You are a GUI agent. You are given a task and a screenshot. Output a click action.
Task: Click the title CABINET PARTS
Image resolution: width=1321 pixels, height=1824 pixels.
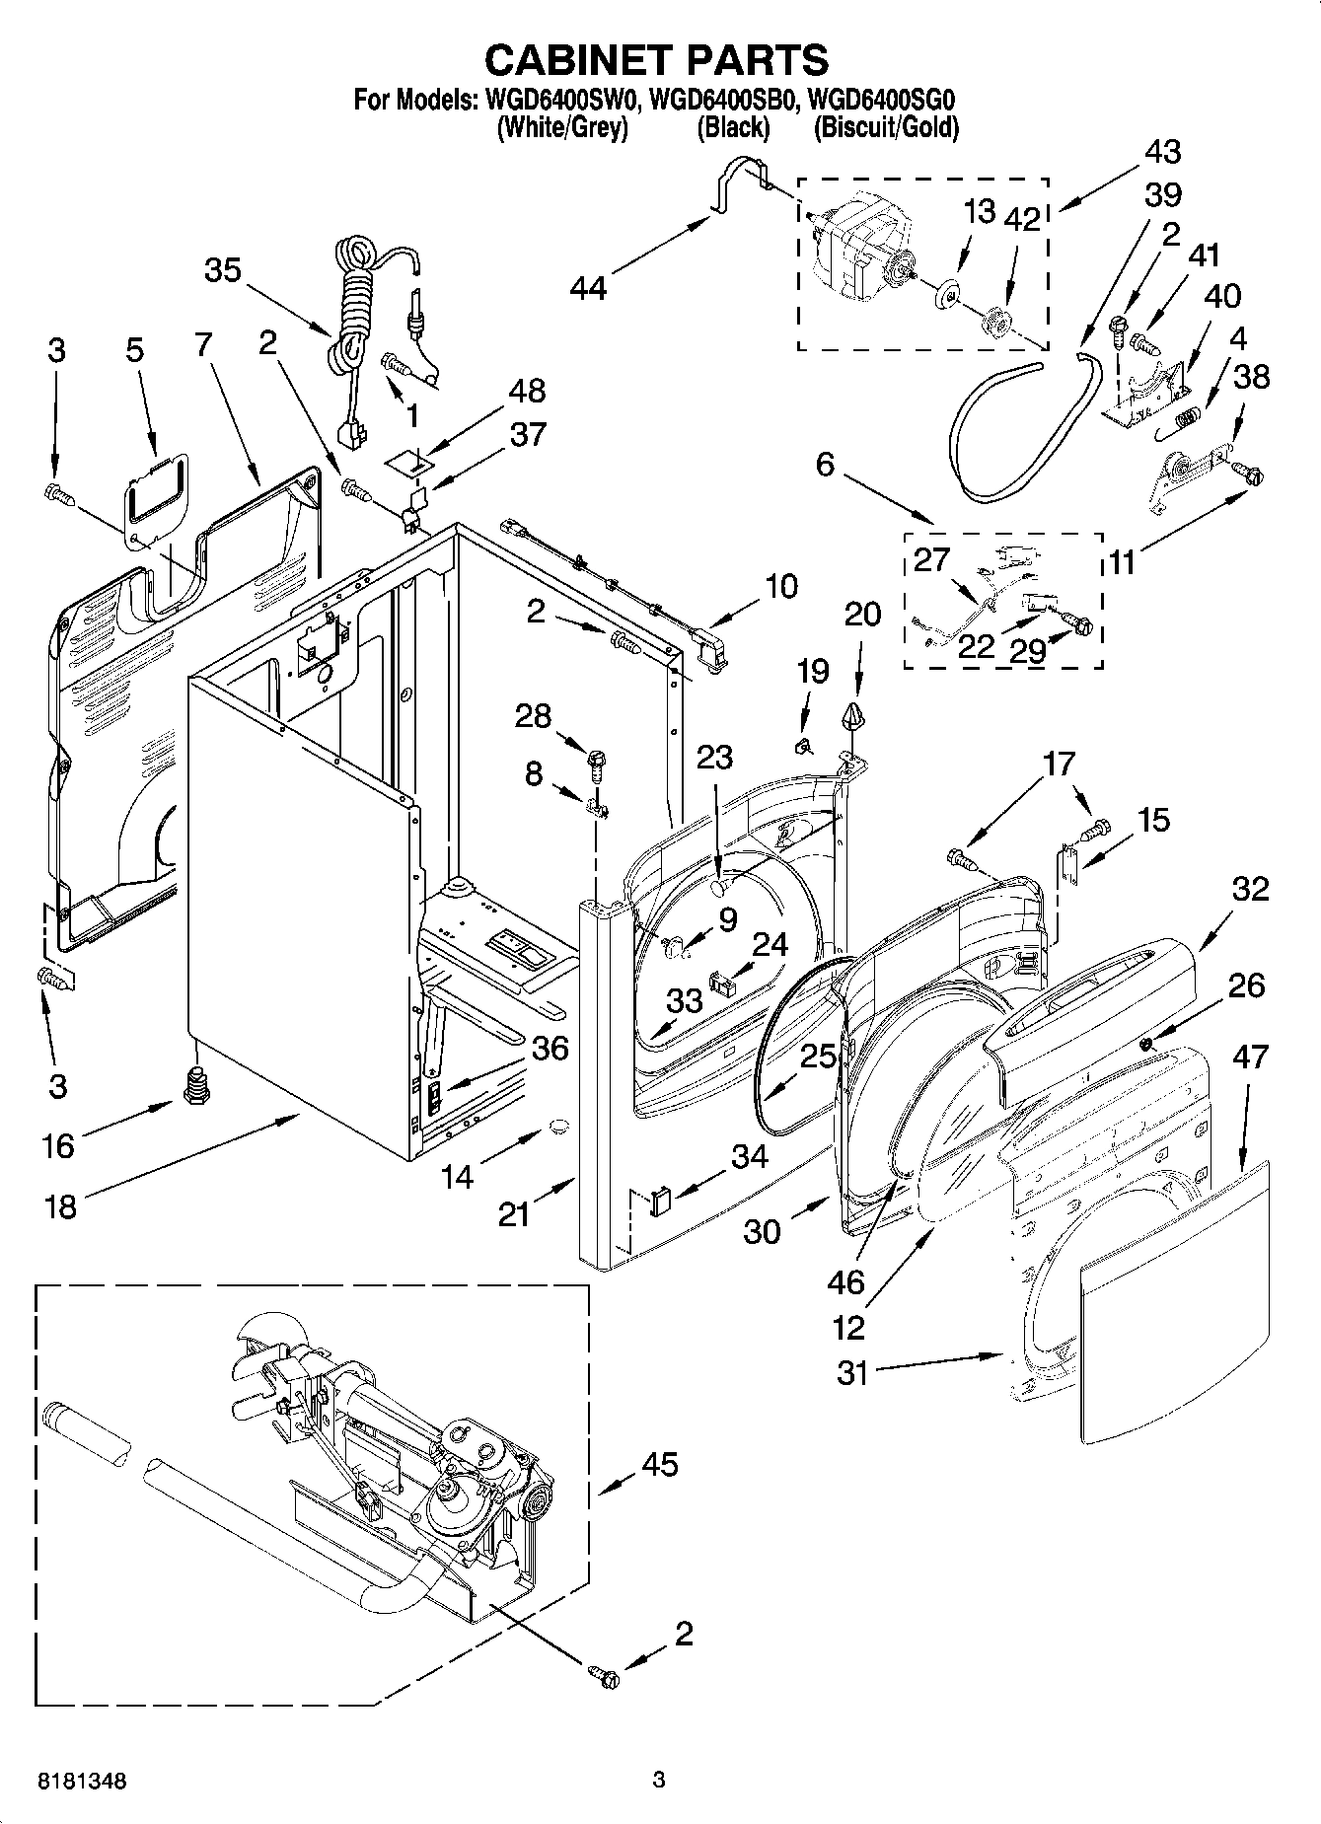[x=656, y=60]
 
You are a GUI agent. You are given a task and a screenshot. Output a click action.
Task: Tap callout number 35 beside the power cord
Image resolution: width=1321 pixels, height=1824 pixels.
[x=223, y=269]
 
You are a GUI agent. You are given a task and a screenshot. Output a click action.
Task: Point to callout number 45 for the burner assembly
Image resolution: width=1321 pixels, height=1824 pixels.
[x=659, y=1465]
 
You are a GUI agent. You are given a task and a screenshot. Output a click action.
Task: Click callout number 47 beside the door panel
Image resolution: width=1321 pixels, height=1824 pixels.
[x=1250, y=1058]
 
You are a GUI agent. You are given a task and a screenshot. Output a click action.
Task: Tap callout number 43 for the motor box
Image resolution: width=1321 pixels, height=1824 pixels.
[x=1163, y=152]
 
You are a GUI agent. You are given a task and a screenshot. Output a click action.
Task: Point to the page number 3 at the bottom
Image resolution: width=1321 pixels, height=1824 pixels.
[x=659, y=1781]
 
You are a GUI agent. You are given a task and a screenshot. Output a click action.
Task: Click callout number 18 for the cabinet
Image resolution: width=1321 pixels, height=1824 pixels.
[x=61, y=1205]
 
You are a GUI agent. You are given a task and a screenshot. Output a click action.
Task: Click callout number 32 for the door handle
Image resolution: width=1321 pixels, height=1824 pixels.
[x=1250, y=889]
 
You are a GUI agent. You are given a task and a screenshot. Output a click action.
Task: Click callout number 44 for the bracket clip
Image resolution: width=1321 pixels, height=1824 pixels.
[x=590, y=287]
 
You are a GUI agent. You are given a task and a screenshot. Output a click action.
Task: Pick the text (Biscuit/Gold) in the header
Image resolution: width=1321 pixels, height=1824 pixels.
[x=885, y=127]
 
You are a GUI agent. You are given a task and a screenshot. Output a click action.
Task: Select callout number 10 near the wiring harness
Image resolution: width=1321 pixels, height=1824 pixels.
[x=781, y=586]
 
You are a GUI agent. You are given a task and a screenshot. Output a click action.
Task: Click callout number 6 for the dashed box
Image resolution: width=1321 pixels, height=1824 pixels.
[x=825, y=464]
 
